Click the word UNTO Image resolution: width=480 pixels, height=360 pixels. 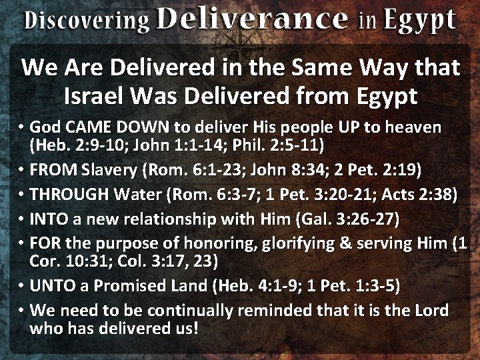point(53,285)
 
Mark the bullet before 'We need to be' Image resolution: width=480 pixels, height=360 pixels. point(22,311)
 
